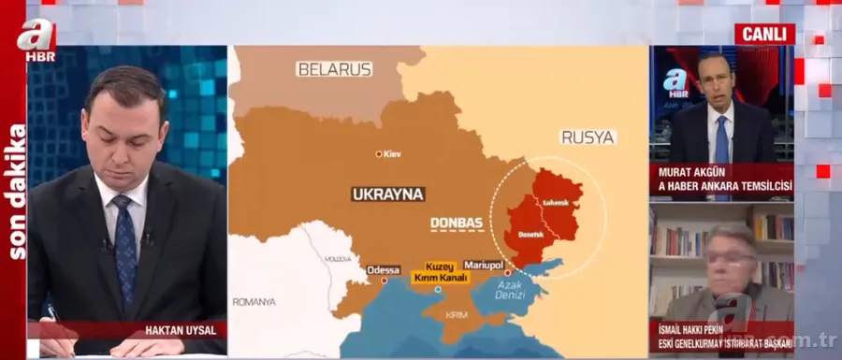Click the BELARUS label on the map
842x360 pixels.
[x=334, y=69]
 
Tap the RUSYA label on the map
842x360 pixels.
[x=588, y=137]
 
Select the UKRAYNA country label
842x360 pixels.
[x=387, y=194]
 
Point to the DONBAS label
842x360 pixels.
[x=456, y=223]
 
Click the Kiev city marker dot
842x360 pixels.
[x=378, y=153]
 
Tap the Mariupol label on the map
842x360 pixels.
[x=484, y=266]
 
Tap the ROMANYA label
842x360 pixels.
[x=254, y=302]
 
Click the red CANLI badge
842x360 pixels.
[x=764, y=34]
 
